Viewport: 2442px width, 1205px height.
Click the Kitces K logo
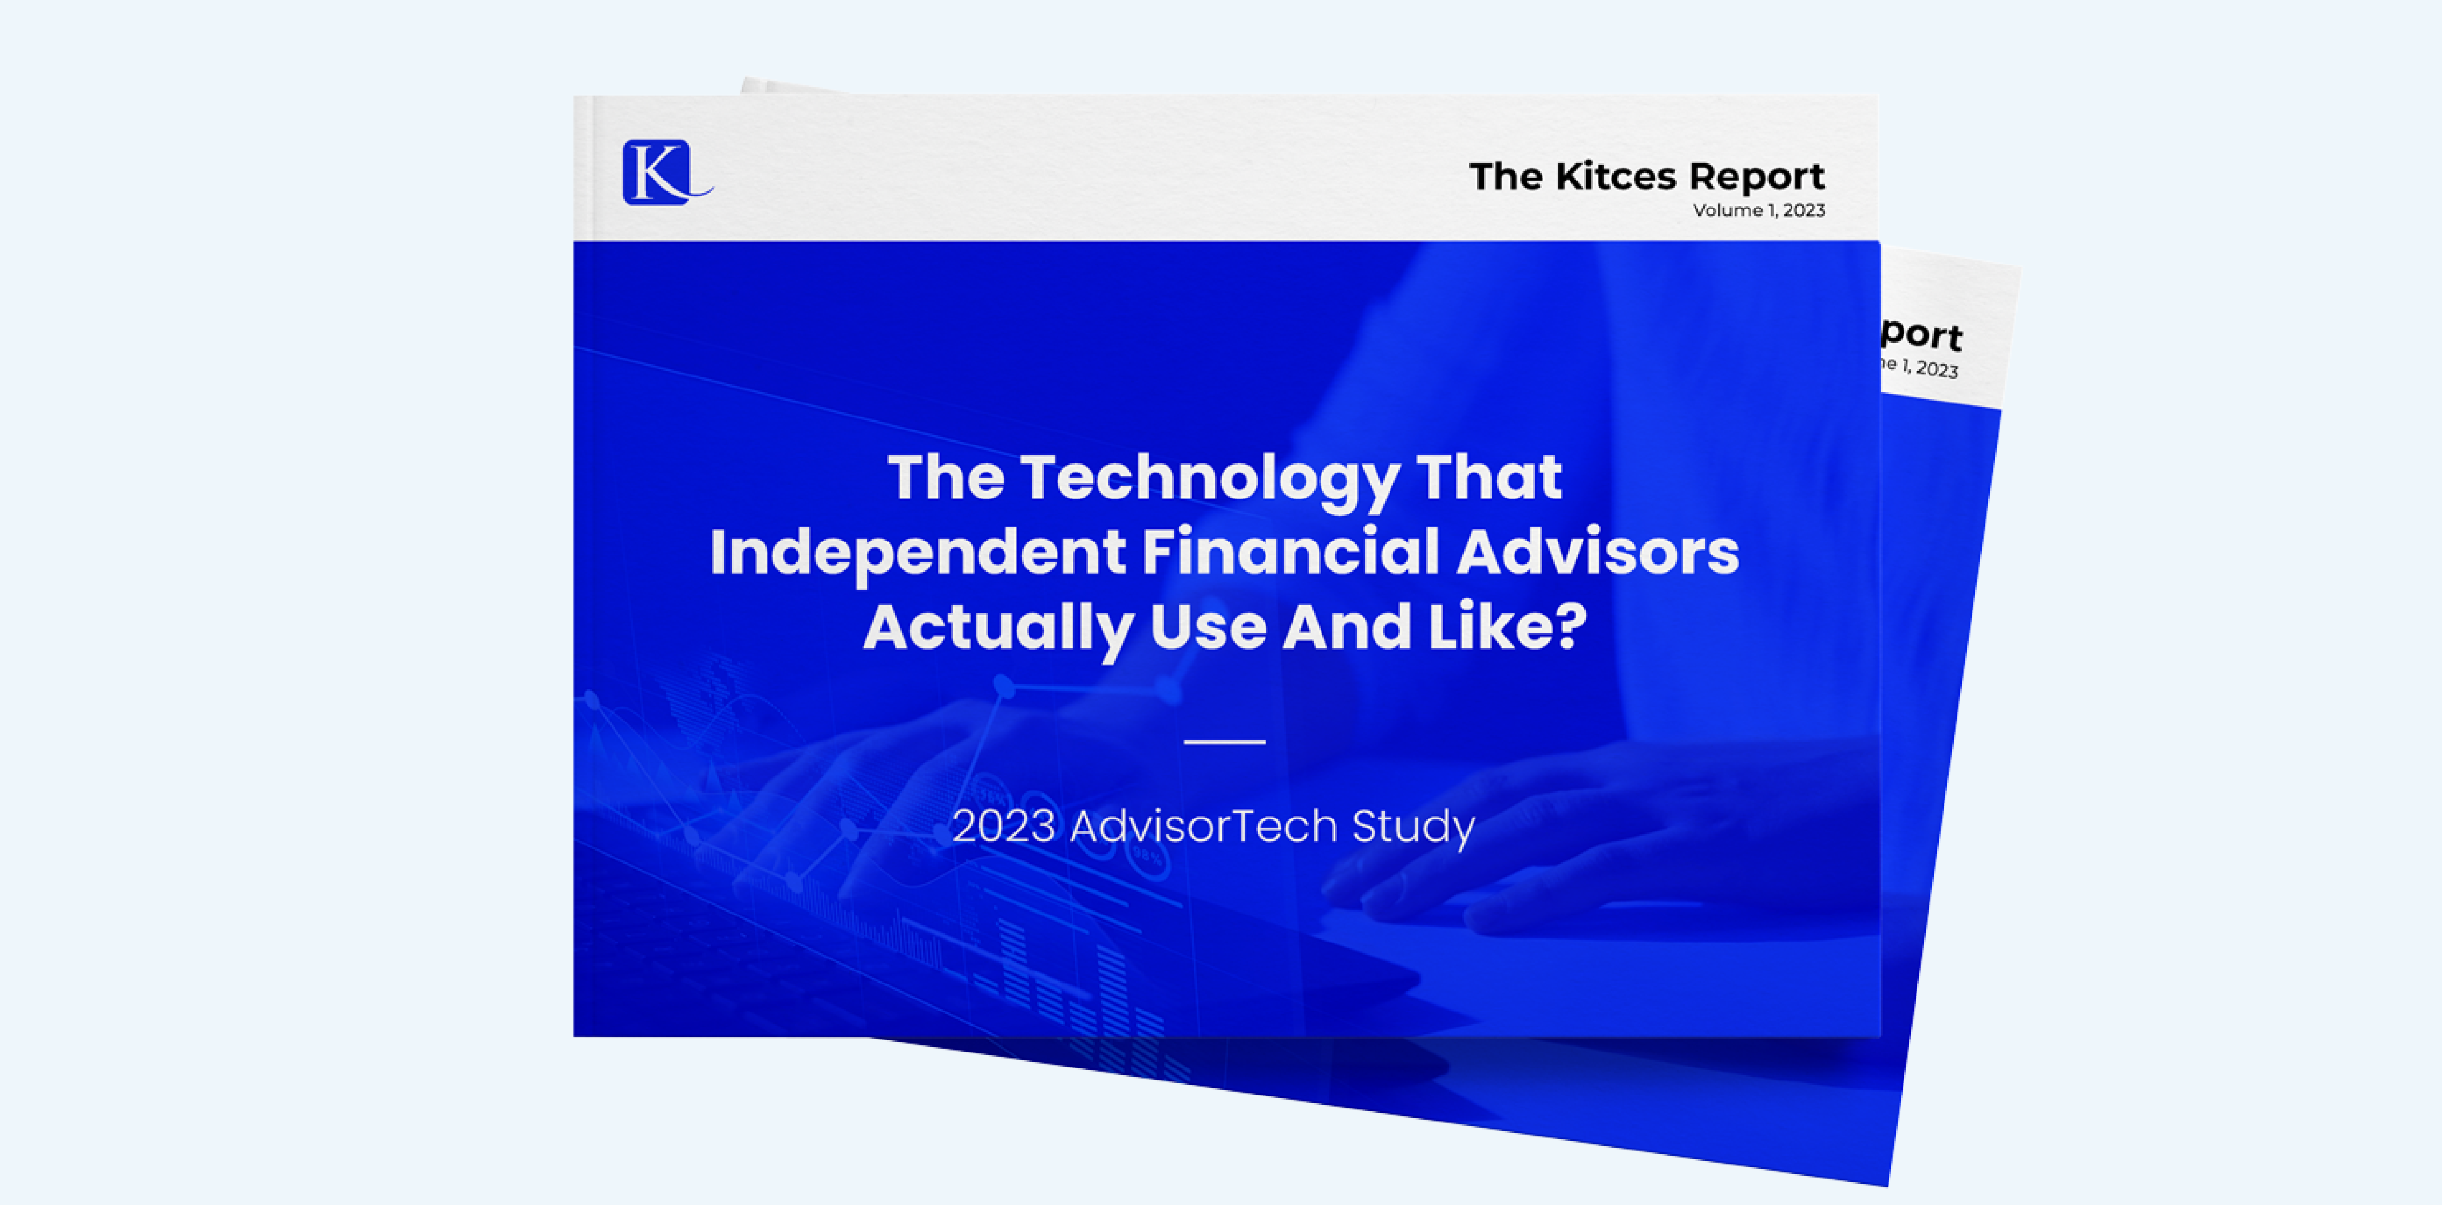[x=664, y=172]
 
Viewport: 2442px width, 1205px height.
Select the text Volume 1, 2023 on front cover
[x=1759, y=211]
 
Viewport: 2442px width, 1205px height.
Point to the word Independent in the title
[x=917, y=553]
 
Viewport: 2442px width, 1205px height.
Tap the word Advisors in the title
[x=1597, y=553]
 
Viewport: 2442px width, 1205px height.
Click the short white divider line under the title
[x=1224, y=741]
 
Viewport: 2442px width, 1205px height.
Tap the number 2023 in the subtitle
[x=1003, y=826]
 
